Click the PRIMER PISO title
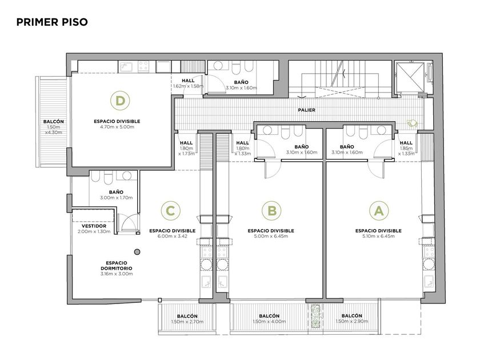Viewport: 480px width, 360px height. (x=52, y=22)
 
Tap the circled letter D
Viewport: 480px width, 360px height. (x=120, y=101)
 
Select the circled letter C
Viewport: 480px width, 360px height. (x=170, y=211)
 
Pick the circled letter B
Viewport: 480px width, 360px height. (x=272, y=211)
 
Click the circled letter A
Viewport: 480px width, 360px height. (x=379, y=211)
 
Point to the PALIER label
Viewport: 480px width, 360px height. (x=306, y=110)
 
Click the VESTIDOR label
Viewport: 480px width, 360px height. (x=94, y=226)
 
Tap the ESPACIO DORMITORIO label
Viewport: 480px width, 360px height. (x=117, y=265)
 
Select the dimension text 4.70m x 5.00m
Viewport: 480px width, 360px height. (x=117, y=127)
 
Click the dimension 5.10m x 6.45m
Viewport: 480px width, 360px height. (x=378, y=236)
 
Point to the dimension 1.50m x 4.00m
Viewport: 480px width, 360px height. (x=269, y=321)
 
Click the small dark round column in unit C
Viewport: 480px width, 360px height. (x=138, y=252)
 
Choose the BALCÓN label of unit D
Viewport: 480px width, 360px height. (x=54, y=122)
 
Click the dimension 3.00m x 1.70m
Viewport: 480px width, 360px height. (x=117, y=198)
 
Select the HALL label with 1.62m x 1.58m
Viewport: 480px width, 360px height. (x=188, y=81)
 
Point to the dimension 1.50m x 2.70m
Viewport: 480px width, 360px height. (x=187, y=322)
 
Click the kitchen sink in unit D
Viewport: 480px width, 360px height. (x=126, y=66)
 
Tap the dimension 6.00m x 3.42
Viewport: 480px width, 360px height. (x=173, y=236)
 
